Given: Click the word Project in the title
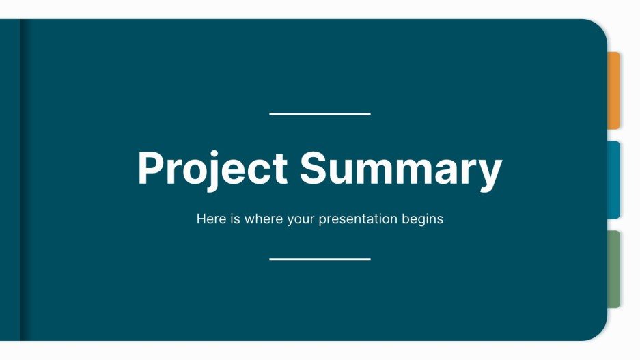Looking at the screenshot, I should click(212, 168).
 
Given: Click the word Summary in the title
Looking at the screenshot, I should click(401, 168).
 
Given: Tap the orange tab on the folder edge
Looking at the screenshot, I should click(614, 90).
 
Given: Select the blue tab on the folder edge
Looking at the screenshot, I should click(614, 180).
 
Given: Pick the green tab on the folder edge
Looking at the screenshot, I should click(614, 268).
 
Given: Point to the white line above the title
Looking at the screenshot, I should click(320, 114).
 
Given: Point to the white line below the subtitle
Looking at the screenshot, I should click(320, 259).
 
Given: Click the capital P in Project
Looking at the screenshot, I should click(150, 168).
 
